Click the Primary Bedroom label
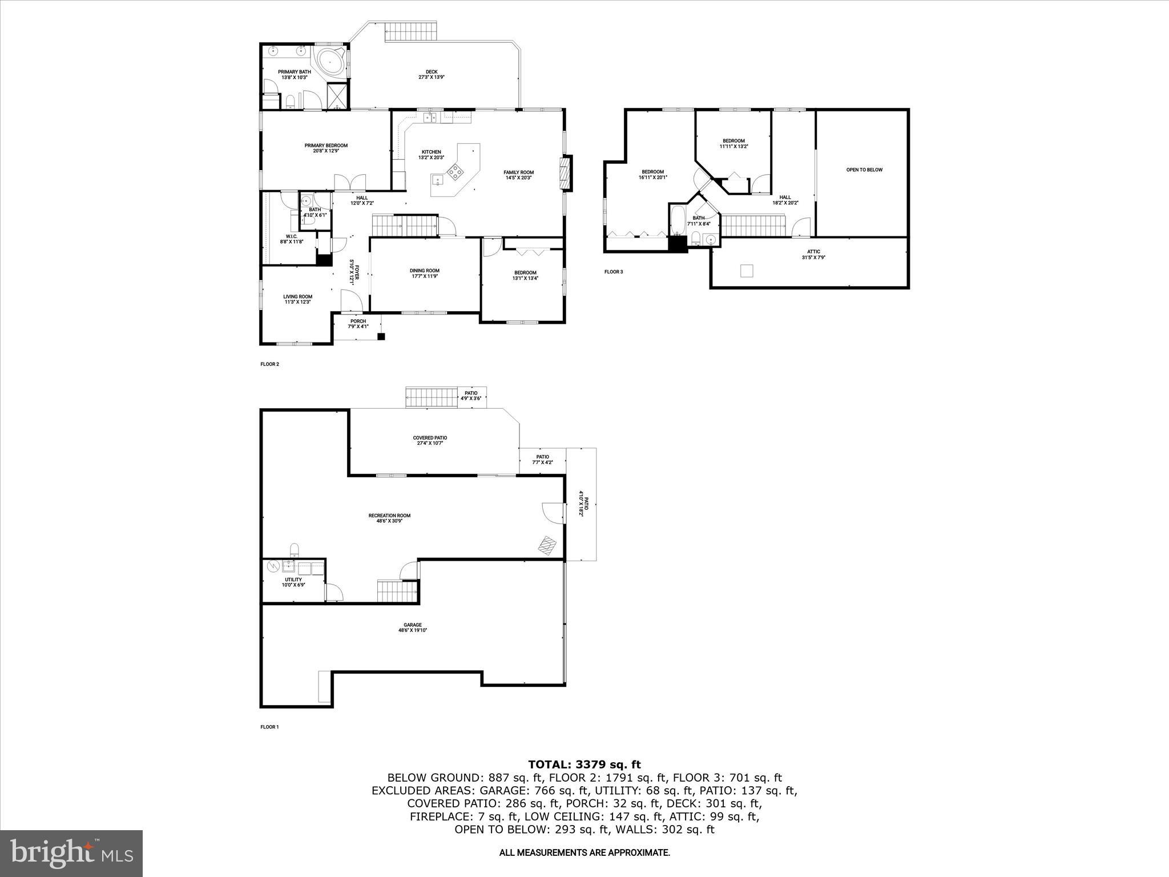pos(325,148)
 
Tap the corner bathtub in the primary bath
pos(330,61)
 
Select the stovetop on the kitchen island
pos(455,170)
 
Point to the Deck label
pos(431,74)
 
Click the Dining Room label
pos(424,273)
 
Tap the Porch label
pos(358,324)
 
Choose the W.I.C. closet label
pos(291,239)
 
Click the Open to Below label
pos(864,170)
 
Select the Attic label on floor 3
pos(813,254)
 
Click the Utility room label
pos(293,582)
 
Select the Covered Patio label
pos(430,440)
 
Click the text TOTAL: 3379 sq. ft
pos(584,765)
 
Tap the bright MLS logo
pos(71,853)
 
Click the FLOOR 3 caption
pos(614,272)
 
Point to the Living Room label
pos(298,299)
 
